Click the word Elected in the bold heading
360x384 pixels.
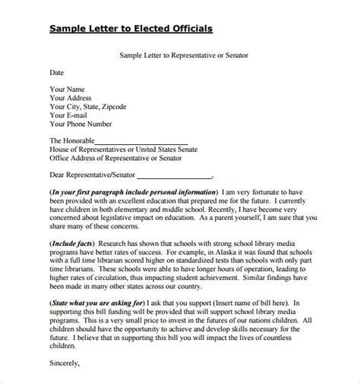pyautogui.click(x=134, y=30)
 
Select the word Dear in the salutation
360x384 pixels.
pyautogui.click(x=58, y=176)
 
